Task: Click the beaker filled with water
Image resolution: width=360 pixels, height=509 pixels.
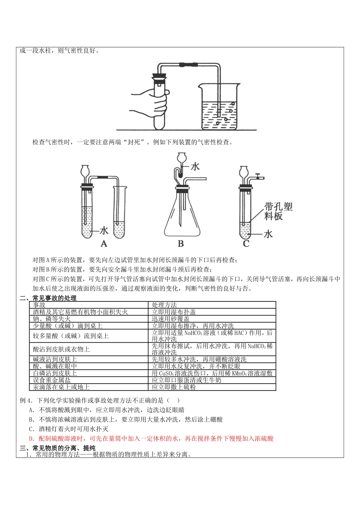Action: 219,108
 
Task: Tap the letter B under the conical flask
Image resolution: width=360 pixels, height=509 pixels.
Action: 181,244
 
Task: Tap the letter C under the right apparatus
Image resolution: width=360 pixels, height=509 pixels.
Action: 246,244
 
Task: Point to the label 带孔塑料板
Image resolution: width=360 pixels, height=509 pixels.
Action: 279,211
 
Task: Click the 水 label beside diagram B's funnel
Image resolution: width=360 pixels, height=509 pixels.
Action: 195,166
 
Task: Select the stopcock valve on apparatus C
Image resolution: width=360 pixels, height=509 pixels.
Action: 258,176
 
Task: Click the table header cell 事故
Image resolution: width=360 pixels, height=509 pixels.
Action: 39,305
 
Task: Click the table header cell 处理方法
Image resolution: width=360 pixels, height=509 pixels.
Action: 164,305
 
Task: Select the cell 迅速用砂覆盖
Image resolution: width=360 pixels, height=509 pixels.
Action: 171,319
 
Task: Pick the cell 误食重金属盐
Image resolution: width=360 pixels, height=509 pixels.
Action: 52,380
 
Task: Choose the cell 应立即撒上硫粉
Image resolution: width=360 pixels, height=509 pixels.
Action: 174,387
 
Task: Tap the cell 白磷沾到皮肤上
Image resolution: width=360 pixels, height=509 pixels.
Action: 55,373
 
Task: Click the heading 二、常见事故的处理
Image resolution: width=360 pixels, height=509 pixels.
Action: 48,298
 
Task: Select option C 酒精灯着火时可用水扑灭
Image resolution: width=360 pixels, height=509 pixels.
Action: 69,429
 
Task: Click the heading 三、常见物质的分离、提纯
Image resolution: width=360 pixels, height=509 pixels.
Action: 58,448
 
